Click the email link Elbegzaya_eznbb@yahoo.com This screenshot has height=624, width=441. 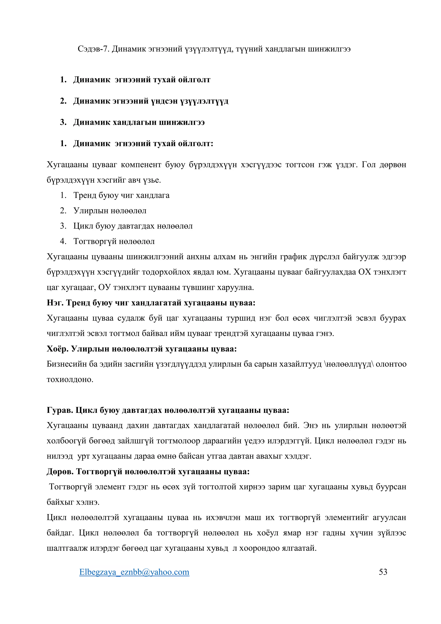(134, 572)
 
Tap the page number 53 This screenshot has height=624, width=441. (383, 572)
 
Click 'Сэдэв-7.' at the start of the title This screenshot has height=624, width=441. (93, 49)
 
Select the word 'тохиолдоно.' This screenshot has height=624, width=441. (70, 380)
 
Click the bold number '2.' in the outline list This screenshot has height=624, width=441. (63, 101)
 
